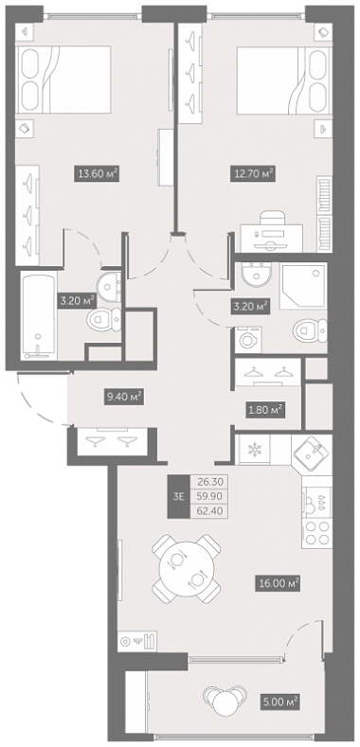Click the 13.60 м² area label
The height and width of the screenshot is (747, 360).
click(96, 174)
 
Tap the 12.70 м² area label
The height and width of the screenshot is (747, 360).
click(253, 174)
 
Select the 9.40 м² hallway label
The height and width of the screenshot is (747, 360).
click(124, 397)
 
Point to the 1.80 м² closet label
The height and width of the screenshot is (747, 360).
click(264, 409)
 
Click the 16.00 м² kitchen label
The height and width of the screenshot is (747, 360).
click(278, 583)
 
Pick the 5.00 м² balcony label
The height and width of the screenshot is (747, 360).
click(279, 701)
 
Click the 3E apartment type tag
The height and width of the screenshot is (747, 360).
click(178, 497)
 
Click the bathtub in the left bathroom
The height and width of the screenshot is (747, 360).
click(39, 316)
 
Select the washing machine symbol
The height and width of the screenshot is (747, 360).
click(248, 340)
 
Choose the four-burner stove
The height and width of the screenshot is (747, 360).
click(317, 533)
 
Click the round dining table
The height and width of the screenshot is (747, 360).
click(187, 569)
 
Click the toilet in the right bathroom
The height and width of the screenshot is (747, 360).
click(310, 331)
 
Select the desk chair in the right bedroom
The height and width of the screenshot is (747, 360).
click(272, 222)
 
